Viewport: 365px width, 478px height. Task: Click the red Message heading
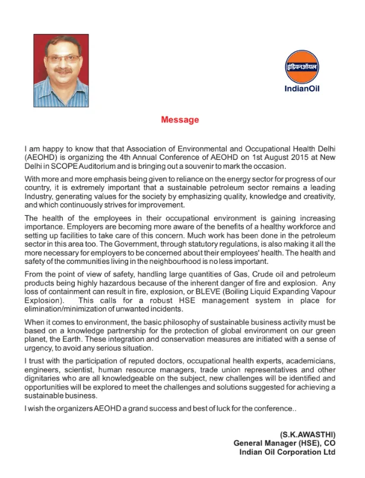tap(180, 120)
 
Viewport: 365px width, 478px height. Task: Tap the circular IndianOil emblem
tap(301, 67)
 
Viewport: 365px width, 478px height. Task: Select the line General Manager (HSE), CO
tap(284, 444)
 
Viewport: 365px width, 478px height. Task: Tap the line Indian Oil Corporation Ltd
tap(287, 452)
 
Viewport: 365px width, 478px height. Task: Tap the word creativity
tap(316, 196)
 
